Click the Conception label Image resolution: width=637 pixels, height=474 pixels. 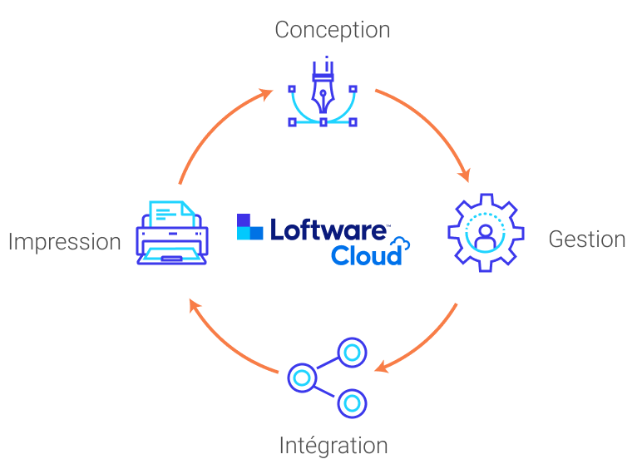coord(332,31)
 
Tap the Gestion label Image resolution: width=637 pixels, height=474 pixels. coord(586,239)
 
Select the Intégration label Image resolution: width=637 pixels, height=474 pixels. coord(333,446)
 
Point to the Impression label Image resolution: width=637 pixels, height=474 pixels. coord(64,242)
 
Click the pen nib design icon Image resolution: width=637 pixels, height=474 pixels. coord(323,91)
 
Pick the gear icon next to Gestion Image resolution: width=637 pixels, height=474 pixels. coord(486,232)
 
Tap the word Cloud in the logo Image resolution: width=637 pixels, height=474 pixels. coord(366,254)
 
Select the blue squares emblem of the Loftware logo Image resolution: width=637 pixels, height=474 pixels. coord(249,227)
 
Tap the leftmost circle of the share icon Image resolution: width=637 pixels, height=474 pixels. coord(301,378)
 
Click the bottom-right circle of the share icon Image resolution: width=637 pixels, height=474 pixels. coord(352,403)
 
